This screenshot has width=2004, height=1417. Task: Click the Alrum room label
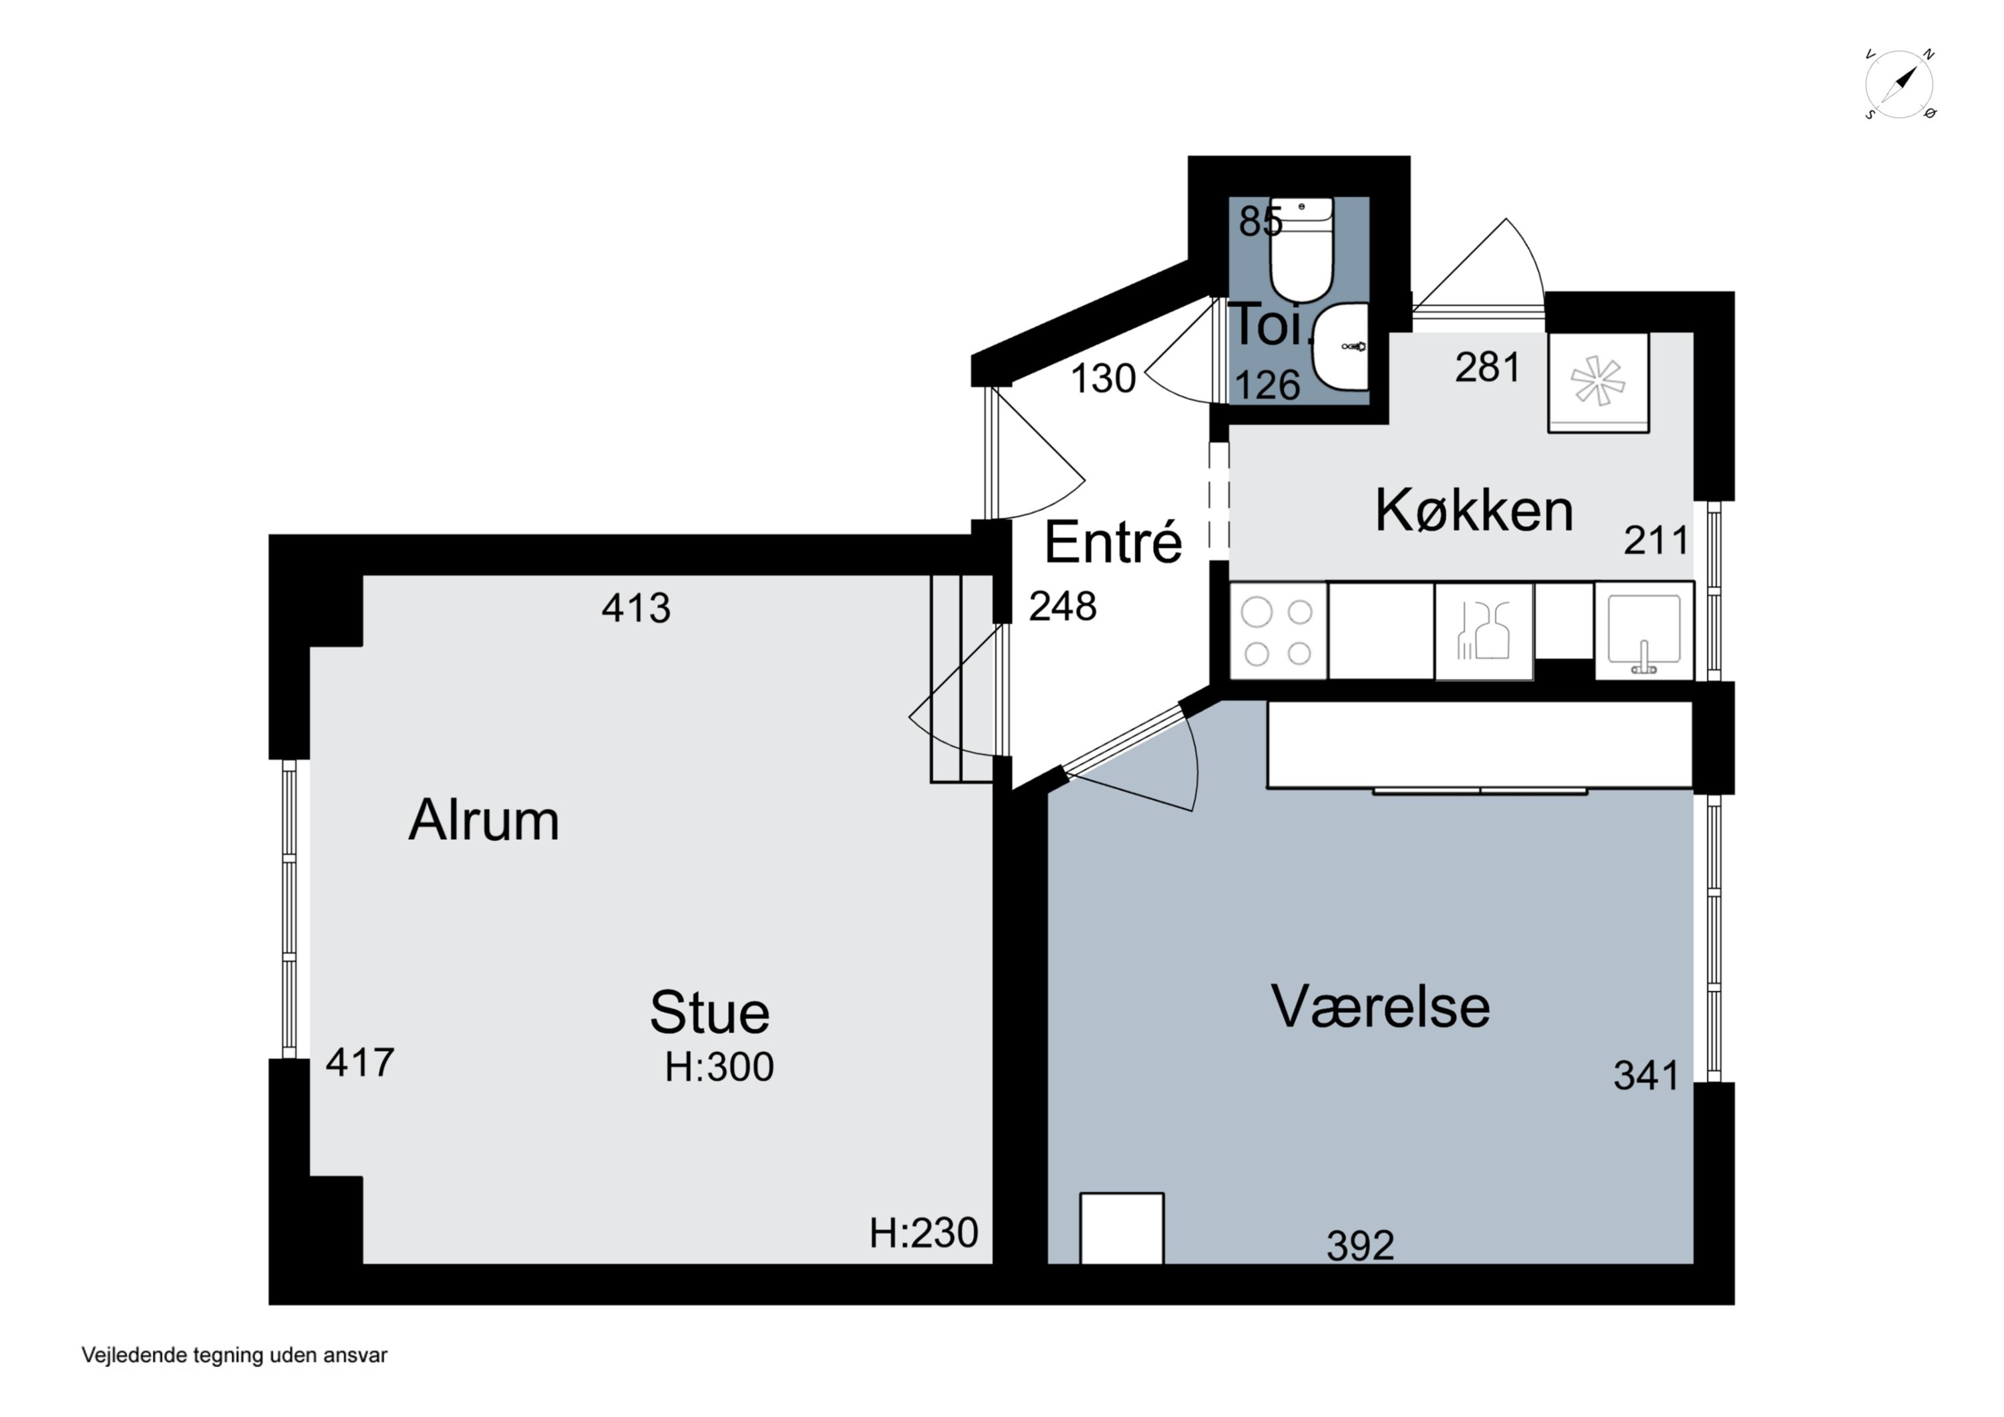(x=484, y=820)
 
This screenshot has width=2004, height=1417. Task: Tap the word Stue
(x=709, y=1013)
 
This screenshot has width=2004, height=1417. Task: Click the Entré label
(x=1113, y=542)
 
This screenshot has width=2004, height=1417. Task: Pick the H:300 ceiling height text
(x=719, y=1067)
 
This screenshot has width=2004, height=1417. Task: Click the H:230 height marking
(x=923, y=1233)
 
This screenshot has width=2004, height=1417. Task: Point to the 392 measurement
(x=1360, y=1245)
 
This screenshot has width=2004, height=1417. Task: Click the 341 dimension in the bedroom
(x=1646, y=1076)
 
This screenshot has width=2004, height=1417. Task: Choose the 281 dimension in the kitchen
(x=1487, y=367)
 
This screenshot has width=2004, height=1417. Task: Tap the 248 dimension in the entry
(x=1062, y=606)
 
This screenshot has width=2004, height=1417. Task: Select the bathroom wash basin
(x=1340, y=347)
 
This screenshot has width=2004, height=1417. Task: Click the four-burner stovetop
(x=1278, y=631)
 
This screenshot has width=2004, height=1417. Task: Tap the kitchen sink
(x=1643, y=631)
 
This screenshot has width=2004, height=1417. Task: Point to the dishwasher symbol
(x=1484, y=631)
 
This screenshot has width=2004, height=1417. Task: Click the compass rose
(x=1899, y=85)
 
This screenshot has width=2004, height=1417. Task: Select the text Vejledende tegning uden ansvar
(x=234, y=1355)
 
